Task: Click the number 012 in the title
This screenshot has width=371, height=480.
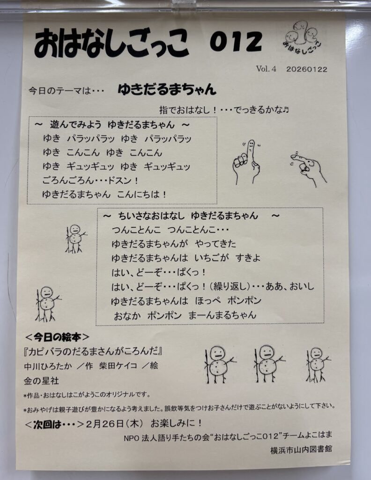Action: click(236, 41)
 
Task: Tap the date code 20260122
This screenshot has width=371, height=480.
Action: click(306, 69)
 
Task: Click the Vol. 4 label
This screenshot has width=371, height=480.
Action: click(266, 69)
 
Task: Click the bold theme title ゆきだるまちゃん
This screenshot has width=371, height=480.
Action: click(167, 89)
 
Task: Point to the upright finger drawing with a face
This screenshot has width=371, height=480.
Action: click(246, 162)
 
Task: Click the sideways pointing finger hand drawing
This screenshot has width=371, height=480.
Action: click(308, 167)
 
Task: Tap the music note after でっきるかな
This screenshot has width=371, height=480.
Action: click(286, 110)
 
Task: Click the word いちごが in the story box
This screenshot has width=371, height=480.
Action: click(212, 258)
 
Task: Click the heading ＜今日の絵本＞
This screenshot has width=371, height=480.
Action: click(57, 337)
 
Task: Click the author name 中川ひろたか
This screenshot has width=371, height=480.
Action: click(48, 366)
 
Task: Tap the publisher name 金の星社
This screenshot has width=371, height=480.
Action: click(41, 381)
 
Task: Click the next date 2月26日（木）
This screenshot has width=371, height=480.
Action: click(115, 424)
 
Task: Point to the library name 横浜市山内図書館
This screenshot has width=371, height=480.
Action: click(301, 450)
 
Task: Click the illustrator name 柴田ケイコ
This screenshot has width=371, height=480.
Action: click(118, 366)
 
